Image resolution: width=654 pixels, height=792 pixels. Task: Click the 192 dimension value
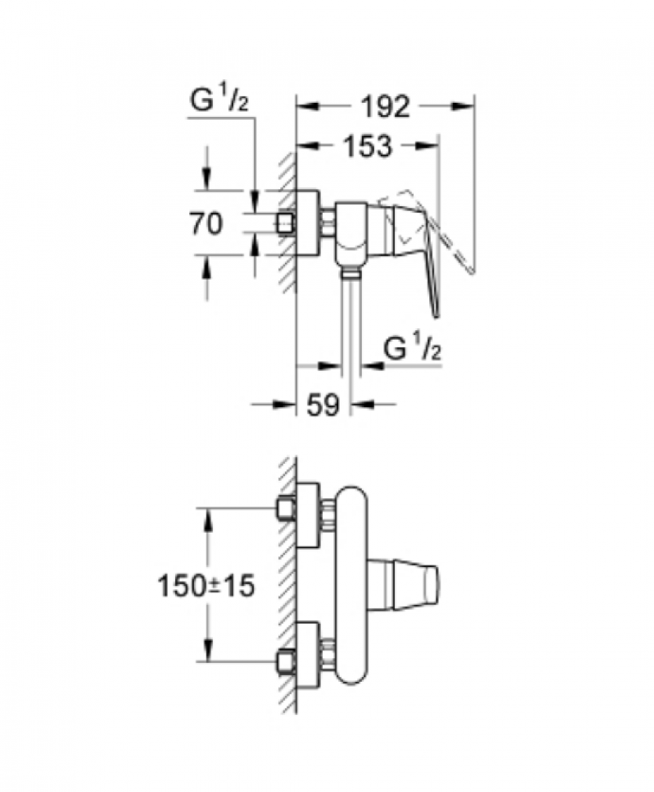pos(386,107)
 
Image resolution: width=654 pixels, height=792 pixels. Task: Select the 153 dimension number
pos(367,146)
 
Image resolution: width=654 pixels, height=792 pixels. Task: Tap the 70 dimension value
pos(206,223)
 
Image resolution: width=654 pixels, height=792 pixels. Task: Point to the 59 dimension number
pos(323,405)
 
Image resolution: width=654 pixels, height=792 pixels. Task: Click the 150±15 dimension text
pos(207,587)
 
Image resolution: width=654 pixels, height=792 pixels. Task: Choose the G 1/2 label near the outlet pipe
pos(413,348)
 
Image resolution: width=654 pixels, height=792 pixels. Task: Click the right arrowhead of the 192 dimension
pos(463,106)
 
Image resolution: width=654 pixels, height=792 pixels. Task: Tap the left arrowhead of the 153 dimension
pos(308,146)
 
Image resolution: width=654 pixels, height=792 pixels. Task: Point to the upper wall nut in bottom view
pos(287,508)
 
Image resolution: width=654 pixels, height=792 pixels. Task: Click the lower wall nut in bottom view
pos(287,661)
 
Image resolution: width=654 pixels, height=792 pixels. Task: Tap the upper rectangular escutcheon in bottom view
pos(308,516)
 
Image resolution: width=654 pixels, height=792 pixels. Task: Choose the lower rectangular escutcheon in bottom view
pos(308,655)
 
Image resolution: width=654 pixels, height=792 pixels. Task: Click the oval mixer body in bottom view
pos(352,585)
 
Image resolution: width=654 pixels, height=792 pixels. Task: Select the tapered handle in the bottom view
pos(404,584)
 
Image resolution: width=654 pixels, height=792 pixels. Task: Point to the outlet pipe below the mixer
pos(351,323)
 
